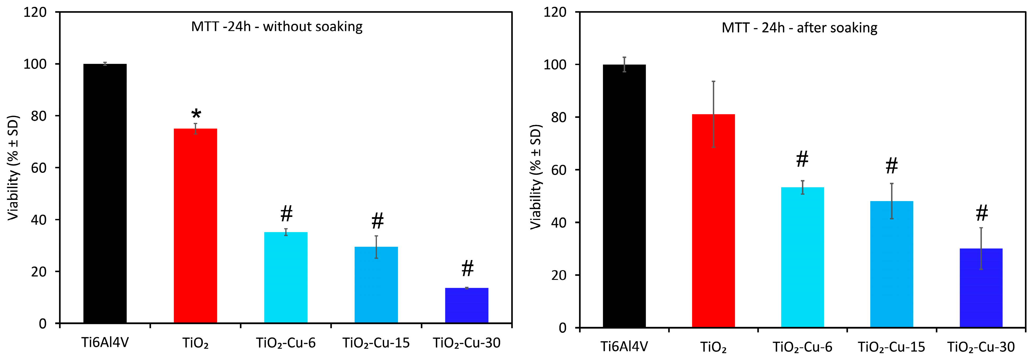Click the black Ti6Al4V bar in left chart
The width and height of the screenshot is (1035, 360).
coord(105,193)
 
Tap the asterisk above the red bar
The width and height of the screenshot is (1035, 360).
coord(196,114)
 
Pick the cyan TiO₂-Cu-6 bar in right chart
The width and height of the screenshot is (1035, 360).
coord(802,257)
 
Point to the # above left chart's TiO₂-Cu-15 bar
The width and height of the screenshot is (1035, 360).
coord(377,221)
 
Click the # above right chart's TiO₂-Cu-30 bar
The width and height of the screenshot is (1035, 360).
coord(982,213)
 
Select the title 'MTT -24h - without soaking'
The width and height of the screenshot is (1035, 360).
coord(277,26)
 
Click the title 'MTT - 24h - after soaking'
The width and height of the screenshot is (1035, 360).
coord(799,28)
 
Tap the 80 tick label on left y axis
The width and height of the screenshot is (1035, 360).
coord(39,116)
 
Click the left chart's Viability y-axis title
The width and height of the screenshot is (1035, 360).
coord(13,168)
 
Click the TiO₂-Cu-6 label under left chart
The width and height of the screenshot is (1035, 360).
coord(286,343)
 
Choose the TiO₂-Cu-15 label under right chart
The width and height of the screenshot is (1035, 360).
coord(891,346)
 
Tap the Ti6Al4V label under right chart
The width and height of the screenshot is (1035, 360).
coord(624,346)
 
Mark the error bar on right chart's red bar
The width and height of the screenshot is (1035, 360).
coord(713,114)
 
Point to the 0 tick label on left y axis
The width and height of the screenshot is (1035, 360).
coord(43,324)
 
